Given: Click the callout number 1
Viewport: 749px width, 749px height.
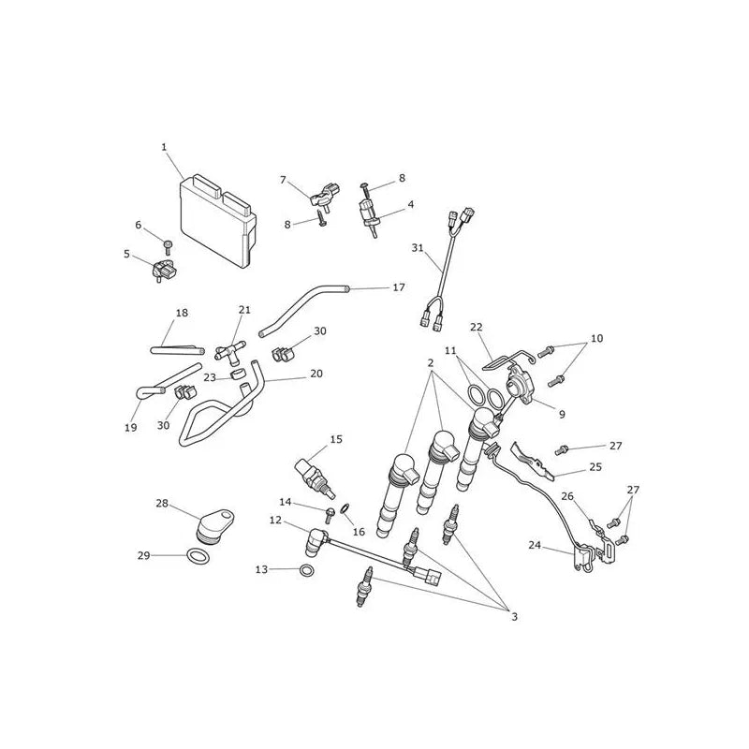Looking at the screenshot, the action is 164,147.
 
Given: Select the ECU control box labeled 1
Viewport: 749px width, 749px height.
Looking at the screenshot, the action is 218,219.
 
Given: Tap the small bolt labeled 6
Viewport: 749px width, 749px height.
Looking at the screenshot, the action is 168,247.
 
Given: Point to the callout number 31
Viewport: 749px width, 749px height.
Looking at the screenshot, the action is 418,248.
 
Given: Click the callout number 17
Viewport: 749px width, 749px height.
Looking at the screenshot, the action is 399,287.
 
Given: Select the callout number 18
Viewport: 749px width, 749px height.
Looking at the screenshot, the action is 182,313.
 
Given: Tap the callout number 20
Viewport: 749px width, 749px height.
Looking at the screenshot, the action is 316,374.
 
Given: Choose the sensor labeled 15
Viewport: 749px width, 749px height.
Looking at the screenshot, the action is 316,477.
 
